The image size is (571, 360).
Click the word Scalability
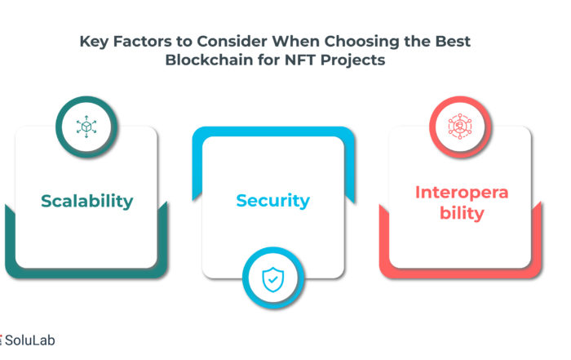[87, 202]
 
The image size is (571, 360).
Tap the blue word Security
[273, 201]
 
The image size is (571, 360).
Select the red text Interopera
[462, 193]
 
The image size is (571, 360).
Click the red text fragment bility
[462, 213]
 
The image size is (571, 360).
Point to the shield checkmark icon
[273, 279]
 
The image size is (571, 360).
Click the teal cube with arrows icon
[86, 127]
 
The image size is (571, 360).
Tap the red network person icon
[460, 126]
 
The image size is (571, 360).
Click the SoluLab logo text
[30, 340]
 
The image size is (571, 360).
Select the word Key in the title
[94, 42]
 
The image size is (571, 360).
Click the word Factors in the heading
[143, 41]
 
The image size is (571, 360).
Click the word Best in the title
[453, 41]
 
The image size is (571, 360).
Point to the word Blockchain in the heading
[209, 60]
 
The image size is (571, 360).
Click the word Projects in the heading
[353, 60]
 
